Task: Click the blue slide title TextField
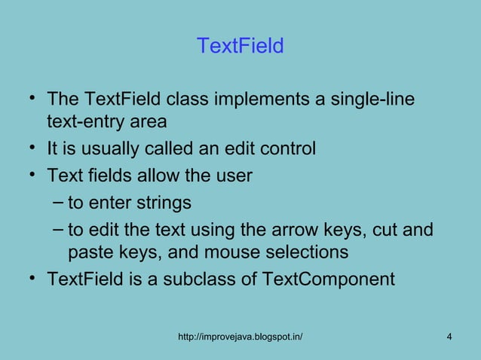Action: click(240, 47)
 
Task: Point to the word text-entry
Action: click(84, 121)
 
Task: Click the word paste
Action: click(89, 251)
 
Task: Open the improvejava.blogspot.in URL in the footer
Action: click(240, 335)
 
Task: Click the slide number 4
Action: click(449, 335)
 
